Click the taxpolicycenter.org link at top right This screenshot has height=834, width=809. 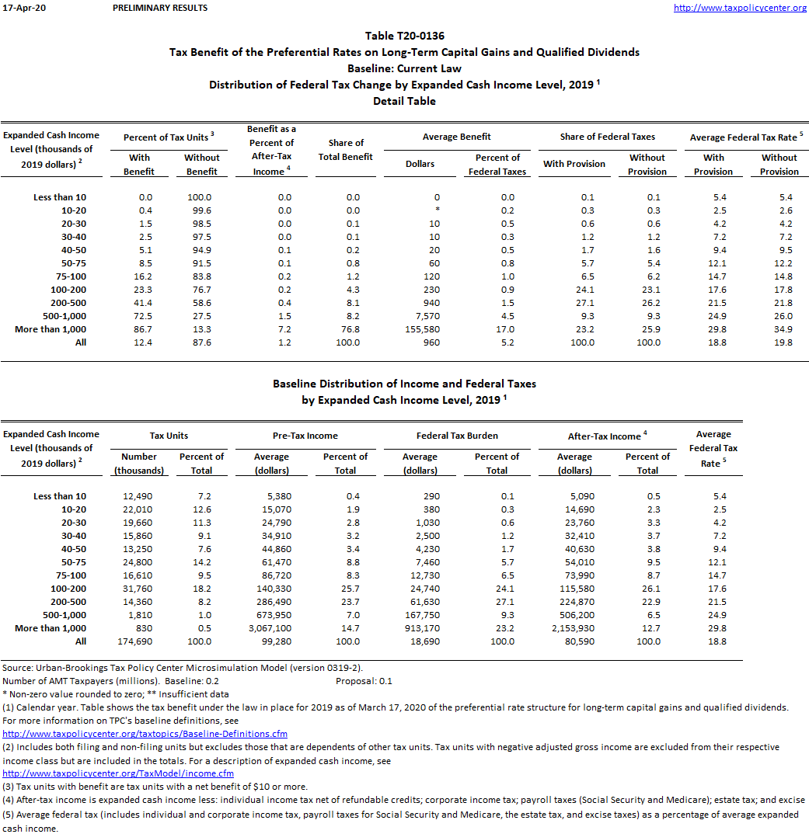click(740, 8)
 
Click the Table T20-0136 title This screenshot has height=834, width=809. click(404, 36)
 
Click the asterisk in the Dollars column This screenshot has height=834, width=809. click(437, 210)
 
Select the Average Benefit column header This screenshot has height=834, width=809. click(456, 137)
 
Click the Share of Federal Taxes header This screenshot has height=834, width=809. click(607, 137)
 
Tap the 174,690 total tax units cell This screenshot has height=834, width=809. click(139, 641)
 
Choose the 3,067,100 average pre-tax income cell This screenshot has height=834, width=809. click(271, 628)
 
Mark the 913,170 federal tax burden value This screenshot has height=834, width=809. click(420, 628)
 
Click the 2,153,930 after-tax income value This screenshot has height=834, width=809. click(574, 628)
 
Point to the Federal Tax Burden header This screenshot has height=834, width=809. click(457, 436)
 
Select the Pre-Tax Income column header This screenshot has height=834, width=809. click(306, 436)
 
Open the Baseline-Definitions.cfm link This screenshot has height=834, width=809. click(145, 734)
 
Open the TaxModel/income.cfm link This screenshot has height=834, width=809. click(118, 773)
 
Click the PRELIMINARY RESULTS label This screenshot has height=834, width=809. click(160, 8)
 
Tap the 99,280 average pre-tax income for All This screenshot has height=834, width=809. click(271, 641)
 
